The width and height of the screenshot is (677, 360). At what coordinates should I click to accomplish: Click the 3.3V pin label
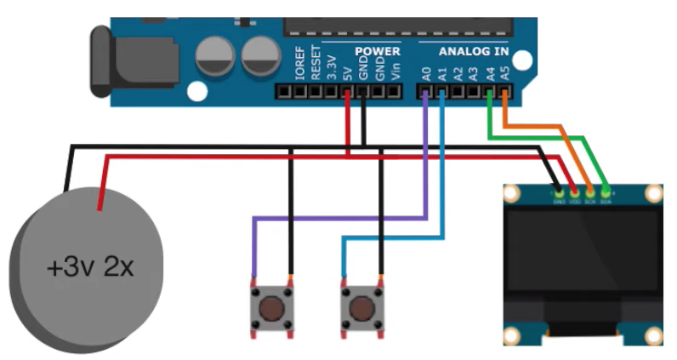332,66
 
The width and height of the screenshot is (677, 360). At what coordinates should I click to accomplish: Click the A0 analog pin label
426,72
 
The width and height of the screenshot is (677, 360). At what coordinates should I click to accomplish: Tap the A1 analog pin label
442,72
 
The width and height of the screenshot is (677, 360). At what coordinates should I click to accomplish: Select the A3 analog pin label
475,72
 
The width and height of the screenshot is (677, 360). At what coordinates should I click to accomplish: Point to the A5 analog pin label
506,72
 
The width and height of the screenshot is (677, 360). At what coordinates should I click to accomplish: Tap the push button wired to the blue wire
361,307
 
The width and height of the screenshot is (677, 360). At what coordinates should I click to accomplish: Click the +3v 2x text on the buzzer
90,269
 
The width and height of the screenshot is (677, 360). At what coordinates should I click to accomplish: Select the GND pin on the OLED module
559,192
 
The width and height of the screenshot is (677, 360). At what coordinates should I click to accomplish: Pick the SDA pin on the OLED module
606,192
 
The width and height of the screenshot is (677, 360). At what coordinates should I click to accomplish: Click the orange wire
544,127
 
